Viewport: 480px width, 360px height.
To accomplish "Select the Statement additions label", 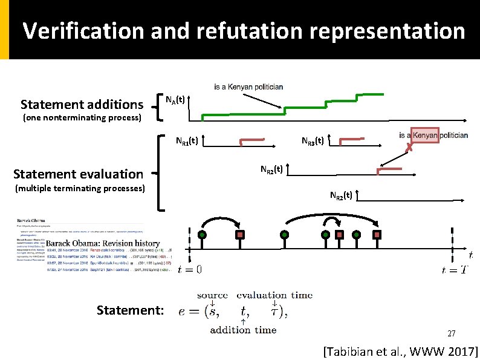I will (x=82, y=104).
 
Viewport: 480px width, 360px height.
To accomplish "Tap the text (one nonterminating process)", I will (x=82, y=117).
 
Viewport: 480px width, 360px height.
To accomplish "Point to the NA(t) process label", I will (x=176, y=100).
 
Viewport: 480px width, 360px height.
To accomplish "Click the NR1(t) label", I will (x=187, y=142).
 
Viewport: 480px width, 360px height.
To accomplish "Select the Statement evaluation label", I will (x=78, y=174).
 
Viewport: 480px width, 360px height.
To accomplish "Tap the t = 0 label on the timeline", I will (x=190, y=270).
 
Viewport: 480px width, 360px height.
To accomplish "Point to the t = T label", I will (x=455, y=270).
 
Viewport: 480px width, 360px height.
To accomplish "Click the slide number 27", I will (x=451, y=334).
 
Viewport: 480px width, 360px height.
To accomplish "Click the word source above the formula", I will (x=212, y=295).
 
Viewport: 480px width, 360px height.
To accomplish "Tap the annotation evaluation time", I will (x=274, y=295).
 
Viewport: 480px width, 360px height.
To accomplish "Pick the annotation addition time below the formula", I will (x=243, y=330).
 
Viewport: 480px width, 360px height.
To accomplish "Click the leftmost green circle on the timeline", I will (x=203, y=235).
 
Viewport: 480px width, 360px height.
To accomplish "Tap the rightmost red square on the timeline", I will (x=377, y=235).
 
